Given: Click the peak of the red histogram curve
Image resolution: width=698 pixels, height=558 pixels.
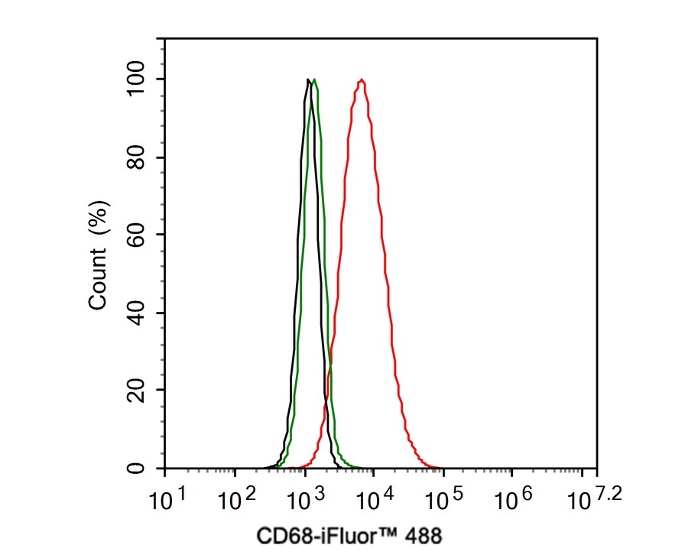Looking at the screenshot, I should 362,79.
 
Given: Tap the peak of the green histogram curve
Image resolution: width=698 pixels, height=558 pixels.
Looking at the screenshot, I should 314,79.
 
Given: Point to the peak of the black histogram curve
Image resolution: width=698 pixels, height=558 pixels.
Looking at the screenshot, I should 307,79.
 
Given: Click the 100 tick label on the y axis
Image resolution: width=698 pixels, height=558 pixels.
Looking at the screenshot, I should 138,79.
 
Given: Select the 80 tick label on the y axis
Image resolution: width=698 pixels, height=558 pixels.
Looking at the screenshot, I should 138,157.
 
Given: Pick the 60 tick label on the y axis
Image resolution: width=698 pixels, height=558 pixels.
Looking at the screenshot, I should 138,235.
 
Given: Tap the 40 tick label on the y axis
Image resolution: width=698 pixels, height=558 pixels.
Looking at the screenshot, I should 138,313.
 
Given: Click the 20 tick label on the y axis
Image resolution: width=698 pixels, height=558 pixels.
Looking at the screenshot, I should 138,391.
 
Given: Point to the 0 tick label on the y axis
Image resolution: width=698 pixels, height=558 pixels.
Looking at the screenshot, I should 138,468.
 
